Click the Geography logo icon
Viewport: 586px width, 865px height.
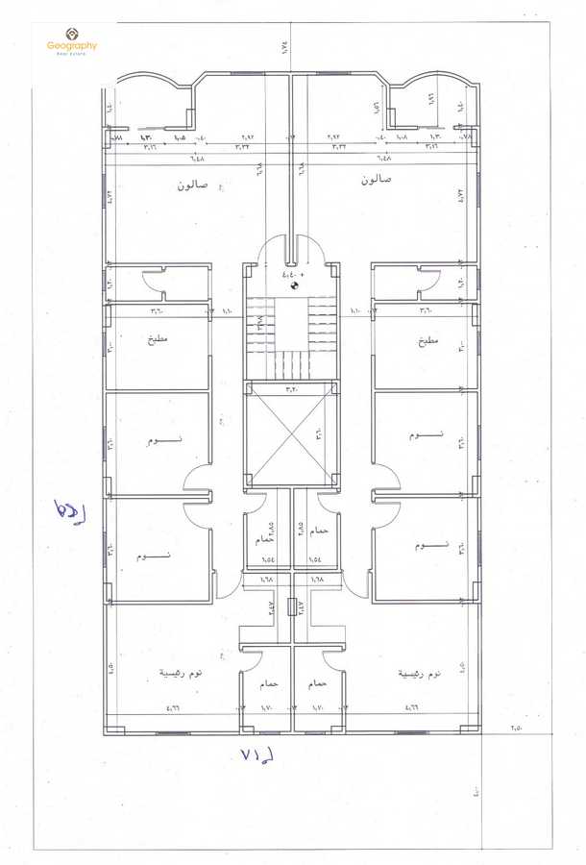point(71,34)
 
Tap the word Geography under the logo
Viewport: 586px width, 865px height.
point(72,46)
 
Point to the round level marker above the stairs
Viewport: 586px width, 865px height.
point(295,284)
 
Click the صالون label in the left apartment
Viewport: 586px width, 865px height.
point(193,184)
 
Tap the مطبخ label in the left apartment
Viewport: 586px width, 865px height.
point(159,340)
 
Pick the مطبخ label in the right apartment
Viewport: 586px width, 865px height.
point(427,340)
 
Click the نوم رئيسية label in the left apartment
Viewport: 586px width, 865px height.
point(181,674)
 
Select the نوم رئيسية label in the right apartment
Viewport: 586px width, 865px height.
point(420,674)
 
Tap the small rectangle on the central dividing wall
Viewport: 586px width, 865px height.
point(291,608)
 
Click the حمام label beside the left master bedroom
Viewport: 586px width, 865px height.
point(266,683)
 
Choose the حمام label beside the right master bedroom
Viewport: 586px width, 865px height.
point(318,683)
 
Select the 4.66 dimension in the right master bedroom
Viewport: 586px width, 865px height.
point(414,708)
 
